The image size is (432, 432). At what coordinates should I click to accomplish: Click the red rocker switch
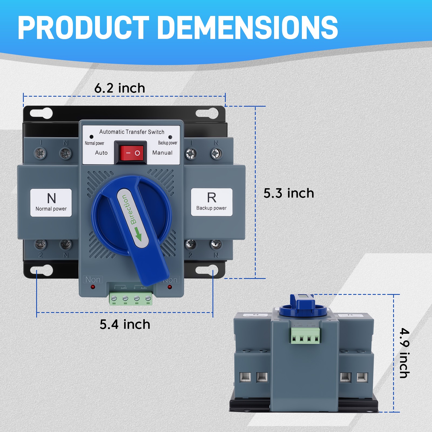click(x=131, y=153)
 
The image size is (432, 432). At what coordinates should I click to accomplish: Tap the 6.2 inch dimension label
click(x=120, y=88)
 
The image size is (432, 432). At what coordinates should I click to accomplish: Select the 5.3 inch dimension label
click(x=289, y=193)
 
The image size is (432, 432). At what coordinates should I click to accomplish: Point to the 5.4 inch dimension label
click(x=125, y=324)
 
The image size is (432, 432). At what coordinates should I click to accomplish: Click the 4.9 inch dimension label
click(x=404, y=353)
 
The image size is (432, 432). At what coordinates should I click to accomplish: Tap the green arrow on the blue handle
click(x=138, y=234)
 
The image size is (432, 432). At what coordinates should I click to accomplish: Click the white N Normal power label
click(x=51, y=203)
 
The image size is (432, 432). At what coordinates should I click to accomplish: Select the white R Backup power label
click(x=211, y=202)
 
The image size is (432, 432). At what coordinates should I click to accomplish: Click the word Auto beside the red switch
click(x=101, y=153)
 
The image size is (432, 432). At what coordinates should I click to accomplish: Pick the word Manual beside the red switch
click(x=162, y=153)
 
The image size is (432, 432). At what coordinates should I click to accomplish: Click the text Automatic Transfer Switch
click(x=132, y=132)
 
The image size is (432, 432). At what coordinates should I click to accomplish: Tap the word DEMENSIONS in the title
click(x=248, y=28)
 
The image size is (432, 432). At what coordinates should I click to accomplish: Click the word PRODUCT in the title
click(x=83, y=28)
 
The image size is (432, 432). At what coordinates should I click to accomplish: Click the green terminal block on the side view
click(x=305, y=336)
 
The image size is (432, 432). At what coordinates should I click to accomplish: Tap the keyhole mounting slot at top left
click(x=41, y=113)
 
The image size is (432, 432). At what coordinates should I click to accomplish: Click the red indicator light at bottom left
click(x=93, y=287)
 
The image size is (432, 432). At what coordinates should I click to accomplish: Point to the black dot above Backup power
click(x=170, y=137)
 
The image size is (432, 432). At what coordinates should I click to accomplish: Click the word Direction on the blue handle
click(x=129, y=210)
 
